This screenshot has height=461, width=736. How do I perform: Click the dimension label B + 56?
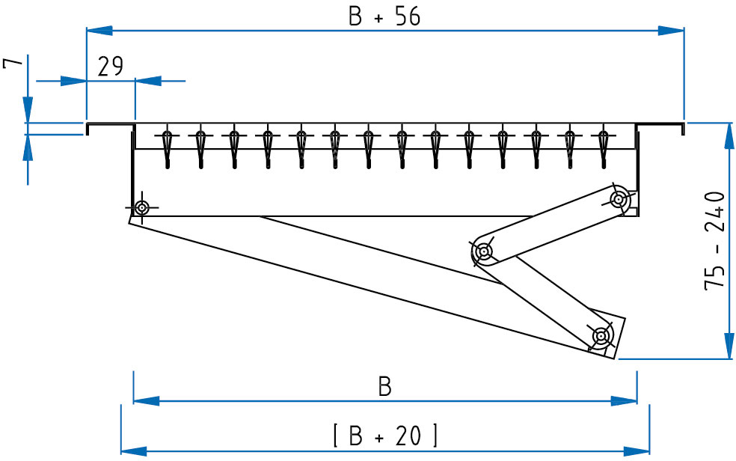pos(384,16)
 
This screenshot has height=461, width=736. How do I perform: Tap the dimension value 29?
pos(110,66)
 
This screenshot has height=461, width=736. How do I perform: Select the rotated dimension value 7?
pos(13,63)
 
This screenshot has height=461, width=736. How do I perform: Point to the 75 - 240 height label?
pos(715,240)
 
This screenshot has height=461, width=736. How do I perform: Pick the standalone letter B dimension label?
pos(385,387)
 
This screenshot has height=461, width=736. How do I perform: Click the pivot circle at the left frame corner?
pos(142,207)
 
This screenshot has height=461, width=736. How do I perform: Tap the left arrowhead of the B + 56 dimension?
pos(99,31)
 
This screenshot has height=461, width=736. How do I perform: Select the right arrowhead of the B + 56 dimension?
pos(671,31)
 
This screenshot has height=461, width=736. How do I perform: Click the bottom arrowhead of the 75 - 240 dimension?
pos(729,346)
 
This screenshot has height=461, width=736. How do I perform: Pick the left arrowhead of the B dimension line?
pos(147,401)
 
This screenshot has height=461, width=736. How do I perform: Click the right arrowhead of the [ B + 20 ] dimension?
pos(637,451)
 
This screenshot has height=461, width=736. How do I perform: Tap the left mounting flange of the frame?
pos(110,125)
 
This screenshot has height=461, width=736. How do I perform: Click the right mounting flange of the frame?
pos(660,125)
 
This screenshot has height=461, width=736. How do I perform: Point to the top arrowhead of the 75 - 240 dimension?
pos(729,136)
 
